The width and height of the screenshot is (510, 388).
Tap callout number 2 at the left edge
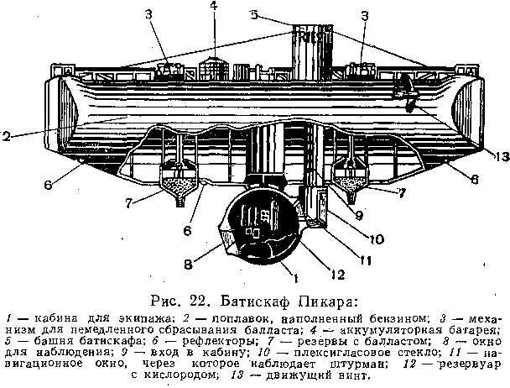click(6, 134)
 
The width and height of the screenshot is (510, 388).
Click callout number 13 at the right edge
click(502, 157)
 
